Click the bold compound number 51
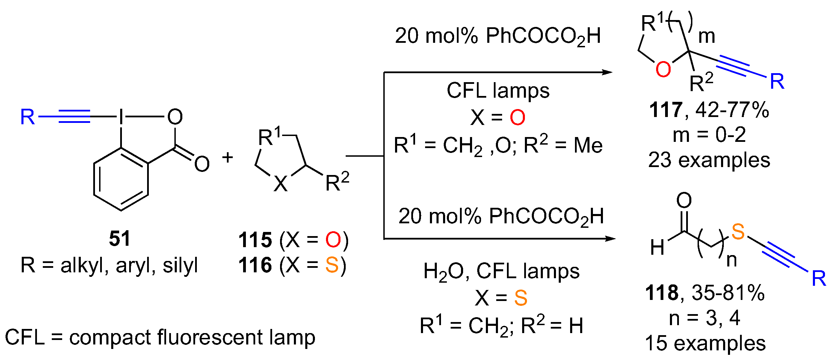click(x=119, y=239)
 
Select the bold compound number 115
click(x=255, y=240)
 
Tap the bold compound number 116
click(x=255, y=265)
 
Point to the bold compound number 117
click(x=665, y=110)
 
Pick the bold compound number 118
click(x=662, y=293)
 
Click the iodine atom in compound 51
click(x=121, y=117)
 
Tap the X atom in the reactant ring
click(x=280, y=184)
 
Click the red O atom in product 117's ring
click(x=663, y=69)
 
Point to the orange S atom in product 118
click(x=738, y=232)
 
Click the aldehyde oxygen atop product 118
click(x=684, y=200)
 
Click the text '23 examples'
click(x=709, y=160)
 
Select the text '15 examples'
click(x=705, y=343)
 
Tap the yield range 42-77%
click(x=732, y=110)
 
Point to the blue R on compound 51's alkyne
click(x=28, y=117)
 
